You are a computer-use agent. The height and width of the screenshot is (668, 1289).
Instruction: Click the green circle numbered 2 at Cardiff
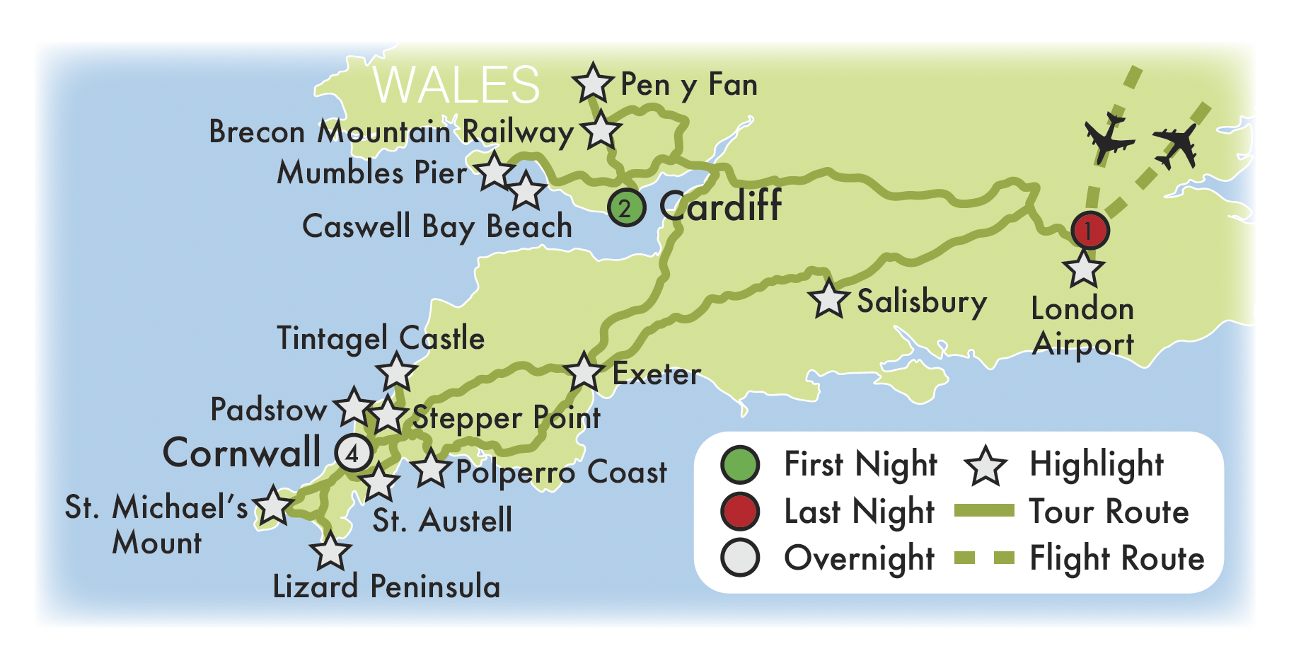click(x=626, y=208)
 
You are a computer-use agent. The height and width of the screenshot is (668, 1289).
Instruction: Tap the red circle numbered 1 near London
click(x=1089, y=230)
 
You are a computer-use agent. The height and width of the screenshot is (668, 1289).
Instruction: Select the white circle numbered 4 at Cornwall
click(x=353, y=453)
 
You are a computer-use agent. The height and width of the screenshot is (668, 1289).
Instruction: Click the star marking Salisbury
click(x=828, y=299)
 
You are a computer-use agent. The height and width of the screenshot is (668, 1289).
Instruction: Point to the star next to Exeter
click(x=584, y=372)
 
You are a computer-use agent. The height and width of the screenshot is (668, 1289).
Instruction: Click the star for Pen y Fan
click(x=593, y=83)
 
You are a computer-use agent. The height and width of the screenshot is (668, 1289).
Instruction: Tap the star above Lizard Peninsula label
click(x=330, y=552)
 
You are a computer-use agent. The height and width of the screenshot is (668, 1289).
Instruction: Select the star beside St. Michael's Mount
click(x=273, y=507)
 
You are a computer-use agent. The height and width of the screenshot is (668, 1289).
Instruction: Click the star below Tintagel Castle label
click(x=397, y=372)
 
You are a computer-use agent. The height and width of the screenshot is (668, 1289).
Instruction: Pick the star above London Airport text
click(x=1083, y=269)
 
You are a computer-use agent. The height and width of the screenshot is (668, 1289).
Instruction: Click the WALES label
click(x=456, y=85)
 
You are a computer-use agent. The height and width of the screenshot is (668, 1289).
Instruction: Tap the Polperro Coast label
click(x=560, y=473)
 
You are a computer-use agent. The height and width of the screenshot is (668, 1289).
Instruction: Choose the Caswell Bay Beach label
click(x=437, y=227)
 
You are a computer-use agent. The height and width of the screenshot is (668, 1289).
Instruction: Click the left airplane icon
click(x=1108, y=137)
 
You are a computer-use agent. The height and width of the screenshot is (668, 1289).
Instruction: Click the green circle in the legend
click(x=740, y=465)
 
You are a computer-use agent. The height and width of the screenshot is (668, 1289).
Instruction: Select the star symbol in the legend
click(x=985, y=466)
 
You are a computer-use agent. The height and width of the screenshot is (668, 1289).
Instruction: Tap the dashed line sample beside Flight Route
click(x=984, y=558)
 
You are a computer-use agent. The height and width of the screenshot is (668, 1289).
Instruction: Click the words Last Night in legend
click(x=860, y=512)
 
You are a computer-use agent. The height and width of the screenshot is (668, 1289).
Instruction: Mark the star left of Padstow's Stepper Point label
click(x=388, y=415)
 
